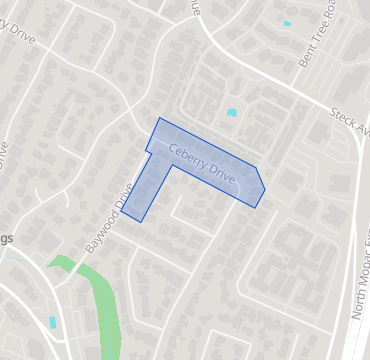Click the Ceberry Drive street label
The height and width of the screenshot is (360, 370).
(202, 163)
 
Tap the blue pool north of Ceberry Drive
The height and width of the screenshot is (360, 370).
(232, 112)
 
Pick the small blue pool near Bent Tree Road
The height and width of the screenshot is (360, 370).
(287, 22)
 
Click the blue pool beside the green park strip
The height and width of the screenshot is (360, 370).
(52, 322)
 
